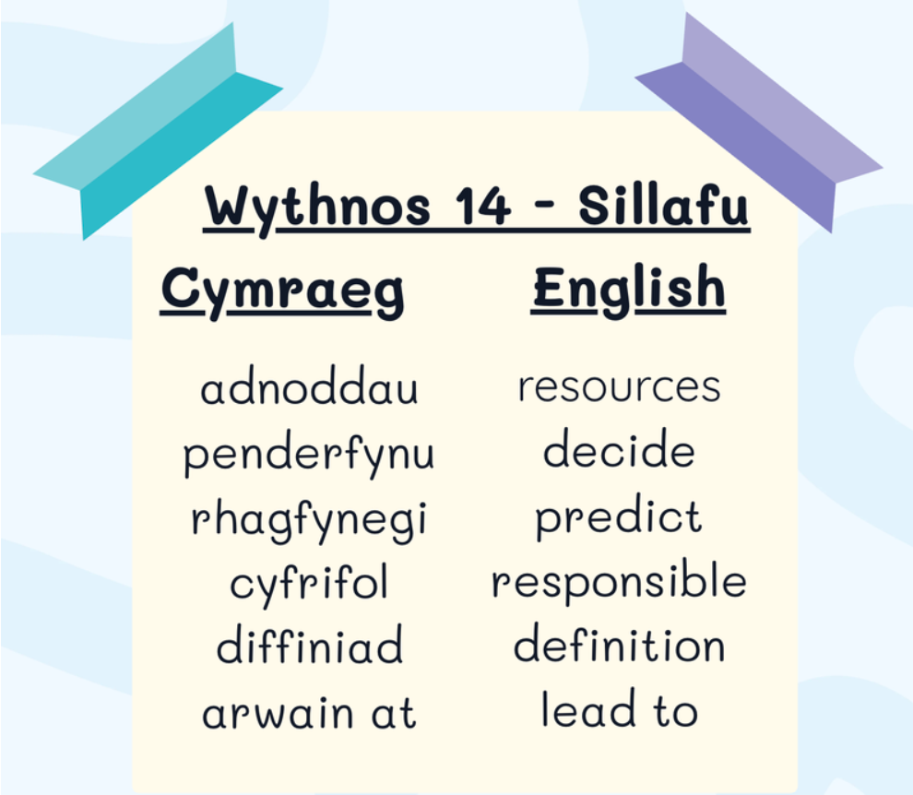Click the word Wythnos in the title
pos(317,208)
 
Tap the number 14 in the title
pos(482,206)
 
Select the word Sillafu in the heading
pos(664,205)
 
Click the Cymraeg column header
pos(282,291)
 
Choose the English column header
pos(630,289)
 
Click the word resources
pos(620,386)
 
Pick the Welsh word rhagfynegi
pos(309,520)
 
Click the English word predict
pos(619,516)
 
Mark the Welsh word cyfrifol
pos(309,584)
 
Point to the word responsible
pos(619,581)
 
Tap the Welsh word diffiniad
pos(309,644)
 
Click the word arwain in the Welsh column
pos(278,713)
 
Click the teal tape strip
pos(158,132)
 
